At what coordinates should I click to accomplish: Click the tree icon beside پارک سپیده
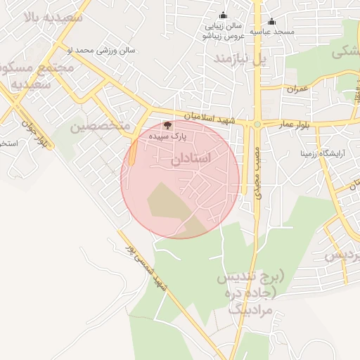click(166, 125)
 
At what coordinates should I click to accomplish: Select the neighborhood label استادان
click(191, 160)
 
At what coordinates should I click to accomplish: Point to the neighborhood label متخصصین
click(101, 126)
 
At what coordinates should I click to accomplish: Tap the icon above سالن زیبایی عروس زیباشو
click(224, 15)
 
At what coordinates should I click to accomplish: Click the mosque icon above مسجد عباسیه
click(271, 21)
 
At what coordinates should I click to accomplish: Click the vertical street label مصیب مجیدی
click(258, 172)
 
